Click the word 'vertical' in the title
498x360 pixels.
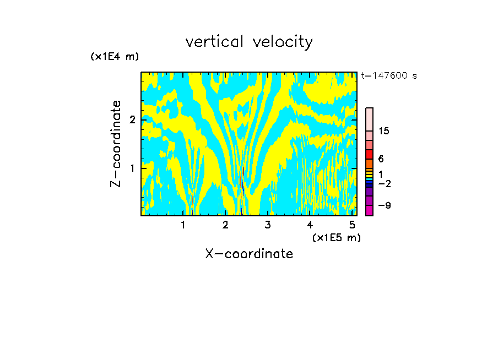[215, 42]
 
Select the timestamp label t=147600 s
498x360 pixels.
[388, 75]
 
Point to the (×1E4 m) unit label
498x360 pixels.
[115, 57]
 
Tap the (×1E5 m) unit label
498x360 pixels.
[336, 237]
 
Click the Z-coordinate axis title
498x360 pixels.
[116, 144]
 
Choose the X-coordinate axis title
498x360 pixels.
[249, 254]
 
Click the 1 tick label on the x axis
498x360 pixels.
[183, 225]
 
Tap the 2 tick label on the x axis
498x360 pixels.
[225, 225]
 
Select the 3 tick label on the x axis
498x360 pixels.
[268, 225]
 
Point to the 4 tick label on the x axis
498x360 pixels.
[310, 225]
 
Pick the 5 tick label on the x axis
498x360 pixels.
[352, 225]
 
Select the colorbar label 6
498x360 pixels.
[381, 159]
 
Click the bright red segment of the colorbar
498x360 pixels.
[369, 154]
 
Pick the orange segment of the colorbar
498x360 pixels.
[369, 163]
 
